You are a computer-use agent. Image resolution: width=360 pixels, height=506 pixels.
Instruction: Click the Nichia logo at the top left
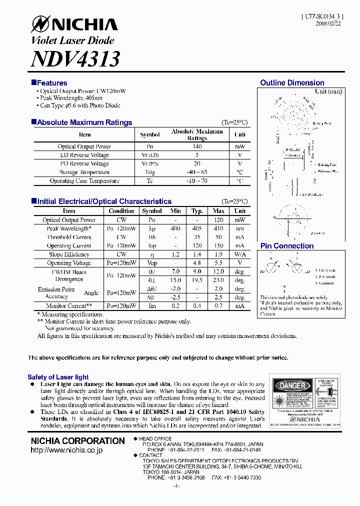[x=74, y=24]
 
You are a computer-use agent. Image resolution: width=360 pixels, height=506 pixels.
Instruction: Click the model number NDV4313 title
[x=75, y=59]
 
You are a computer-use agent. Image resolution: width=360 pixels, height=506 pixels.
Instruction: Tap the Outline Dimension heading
[x=292, y=83]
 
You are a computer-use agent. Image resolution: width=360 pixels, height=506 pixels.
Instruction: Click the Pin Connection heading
[x=287, y=246]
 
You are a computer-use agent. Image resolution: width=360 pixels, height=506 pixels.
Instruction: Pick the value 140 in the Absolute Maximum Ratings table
[x=197, y=146]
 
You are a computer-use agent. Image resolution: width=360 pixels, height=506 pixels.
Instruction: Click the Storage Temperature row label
[x=84, y=172]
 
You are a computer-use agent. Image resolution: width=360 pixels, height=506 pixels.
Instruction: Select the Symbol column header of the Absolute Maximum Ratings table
[x=150, y=134]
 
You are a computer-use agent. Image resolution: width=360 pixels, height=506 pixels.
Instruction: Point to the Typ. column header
[x=197, y=211]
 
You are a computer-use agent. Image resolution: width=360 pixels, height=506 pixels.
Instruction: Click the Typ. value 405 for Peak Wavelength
[x=197, y=228]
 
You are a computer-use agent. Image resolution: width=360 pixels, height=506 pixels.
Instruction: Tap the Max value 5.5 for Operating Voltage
[x=218, y=263]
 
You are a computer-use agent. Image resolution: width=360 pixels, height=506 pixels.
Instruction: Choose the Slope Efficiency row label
[x=69, y=254]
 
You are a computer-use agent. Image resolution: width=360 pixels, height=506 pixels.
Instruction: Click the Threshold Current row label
[x=69, y=237]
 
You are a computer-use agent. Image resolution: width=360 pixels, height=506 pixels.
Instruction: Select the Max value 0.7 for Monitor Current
[x=218, y=306]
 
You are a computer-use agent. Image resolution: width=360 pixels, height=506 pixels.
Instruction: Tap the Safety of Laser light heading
[x=58, y=377]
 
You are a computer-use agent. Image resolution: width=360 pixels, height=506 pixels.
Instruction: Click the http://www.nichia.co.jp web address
[x=66, y=450]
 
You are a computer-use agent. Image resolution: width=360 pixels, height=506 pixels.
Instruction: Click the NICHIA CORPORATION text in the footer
[x=77, y=441]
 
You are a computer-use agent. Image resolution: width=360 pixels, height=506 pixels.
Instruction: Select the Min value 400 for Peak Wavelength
[x=175, y=228]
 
